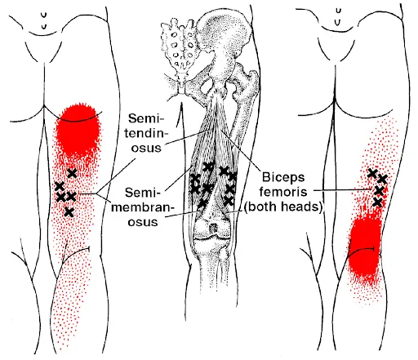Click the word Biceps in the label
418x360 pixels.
(x=283, y=178)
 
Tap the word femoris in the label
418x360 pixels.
(x=283, y=191)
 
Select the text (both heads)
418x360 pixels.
(x=283, y=207)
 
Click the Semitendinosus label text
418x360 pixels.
(x=146, y=133)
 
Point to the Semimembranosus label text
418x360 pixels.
(x=143, y=207)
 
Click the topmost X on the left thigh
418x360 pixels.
(x=72, y=173)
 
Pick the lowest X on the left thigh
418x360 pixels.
(x=69, y=212)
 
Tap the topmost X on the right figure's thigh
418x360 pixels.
(x=372, y=173)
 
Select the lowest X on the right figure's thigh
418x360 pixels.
(x=377, y=202)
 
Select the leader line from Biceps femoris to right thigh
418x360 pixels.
(x=342, y=190)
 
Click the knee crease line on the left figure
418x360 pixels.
(x=76, y=254)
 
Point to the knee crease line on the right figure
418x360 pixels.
(x=362, y=251)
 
